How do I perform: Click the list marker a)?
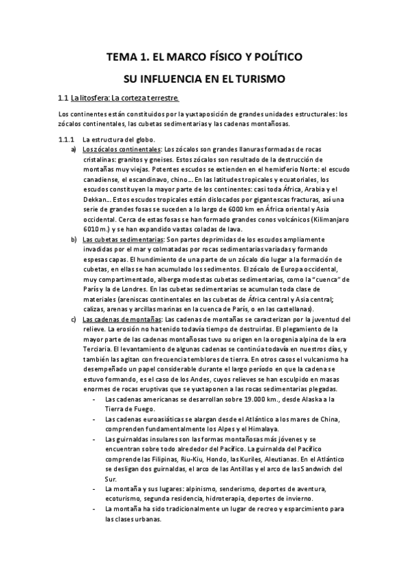click(x=74, y=148)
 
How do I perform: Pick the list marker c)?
click(x=74, y=319)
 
